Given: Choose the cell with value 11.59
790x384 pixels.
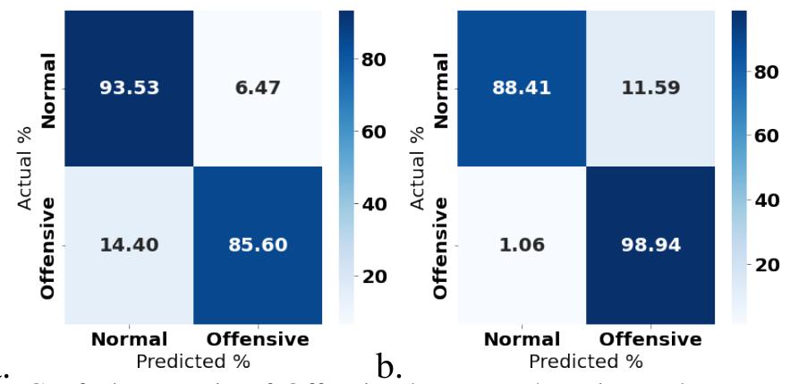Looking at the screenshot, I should tap(649, 90).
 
